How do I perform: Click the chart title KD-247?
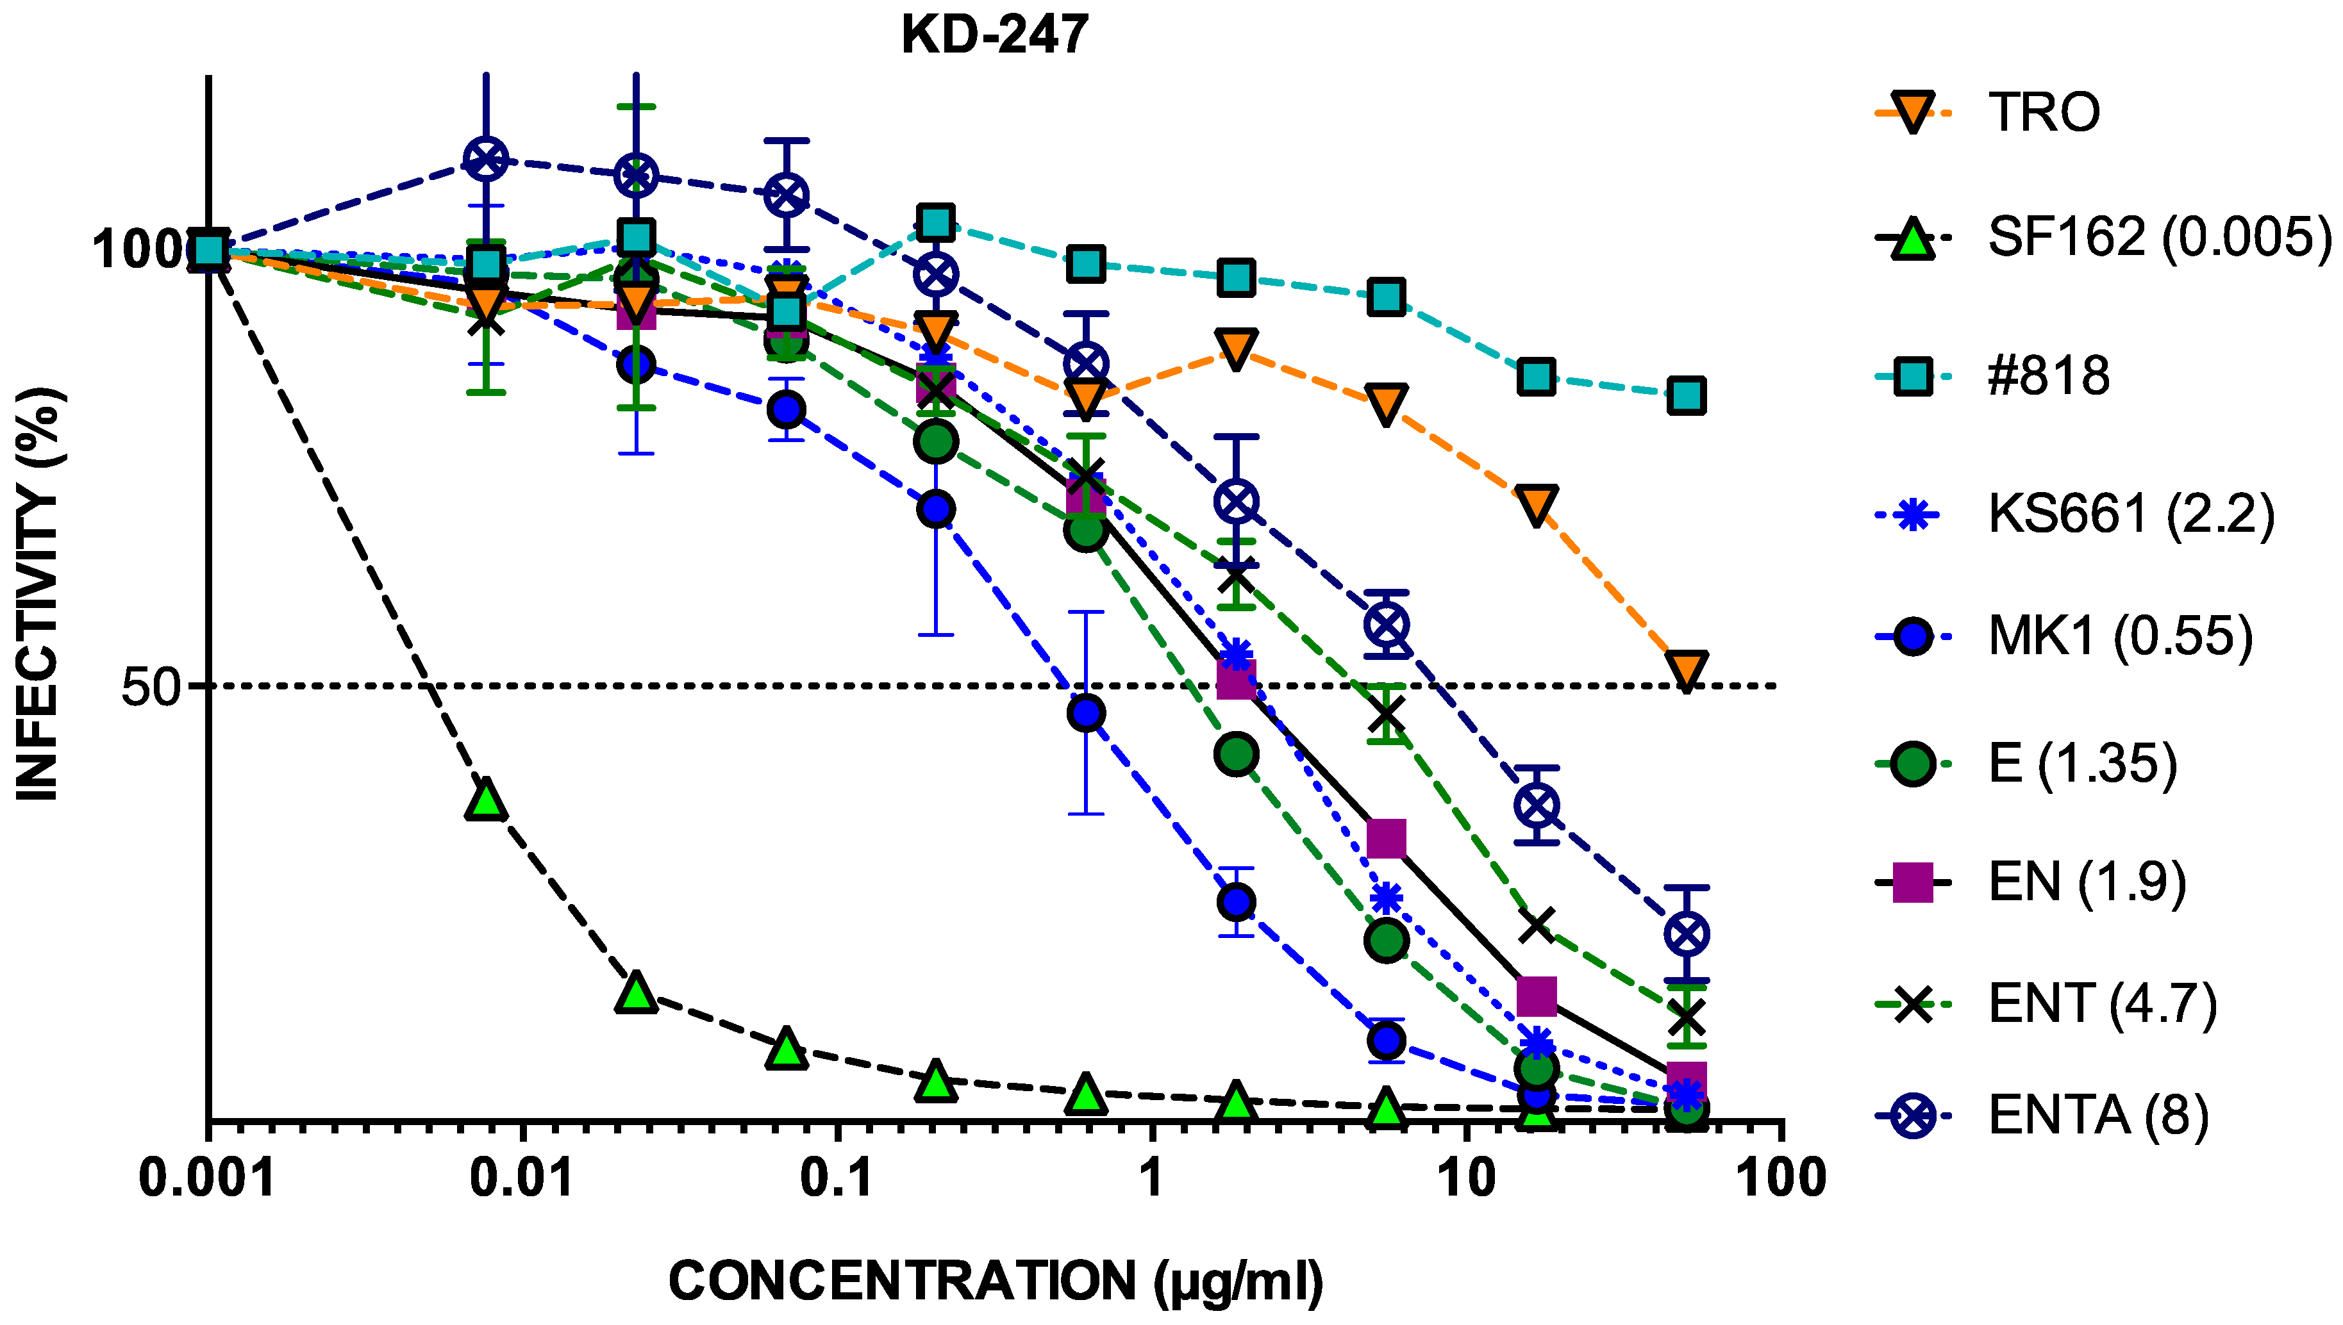point(994,35)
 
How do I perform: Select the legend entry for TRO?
point(2044,113)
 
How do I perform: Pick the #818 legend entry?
point(2048,376)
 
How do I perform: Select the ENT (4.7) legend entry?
point(2102,1004)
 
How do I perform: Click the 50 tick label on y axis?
point(150,686)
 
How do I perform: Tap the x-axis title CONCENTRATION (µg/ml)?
point(995,1281)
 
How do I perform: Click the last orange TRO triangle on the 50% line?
point(1687,670)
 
